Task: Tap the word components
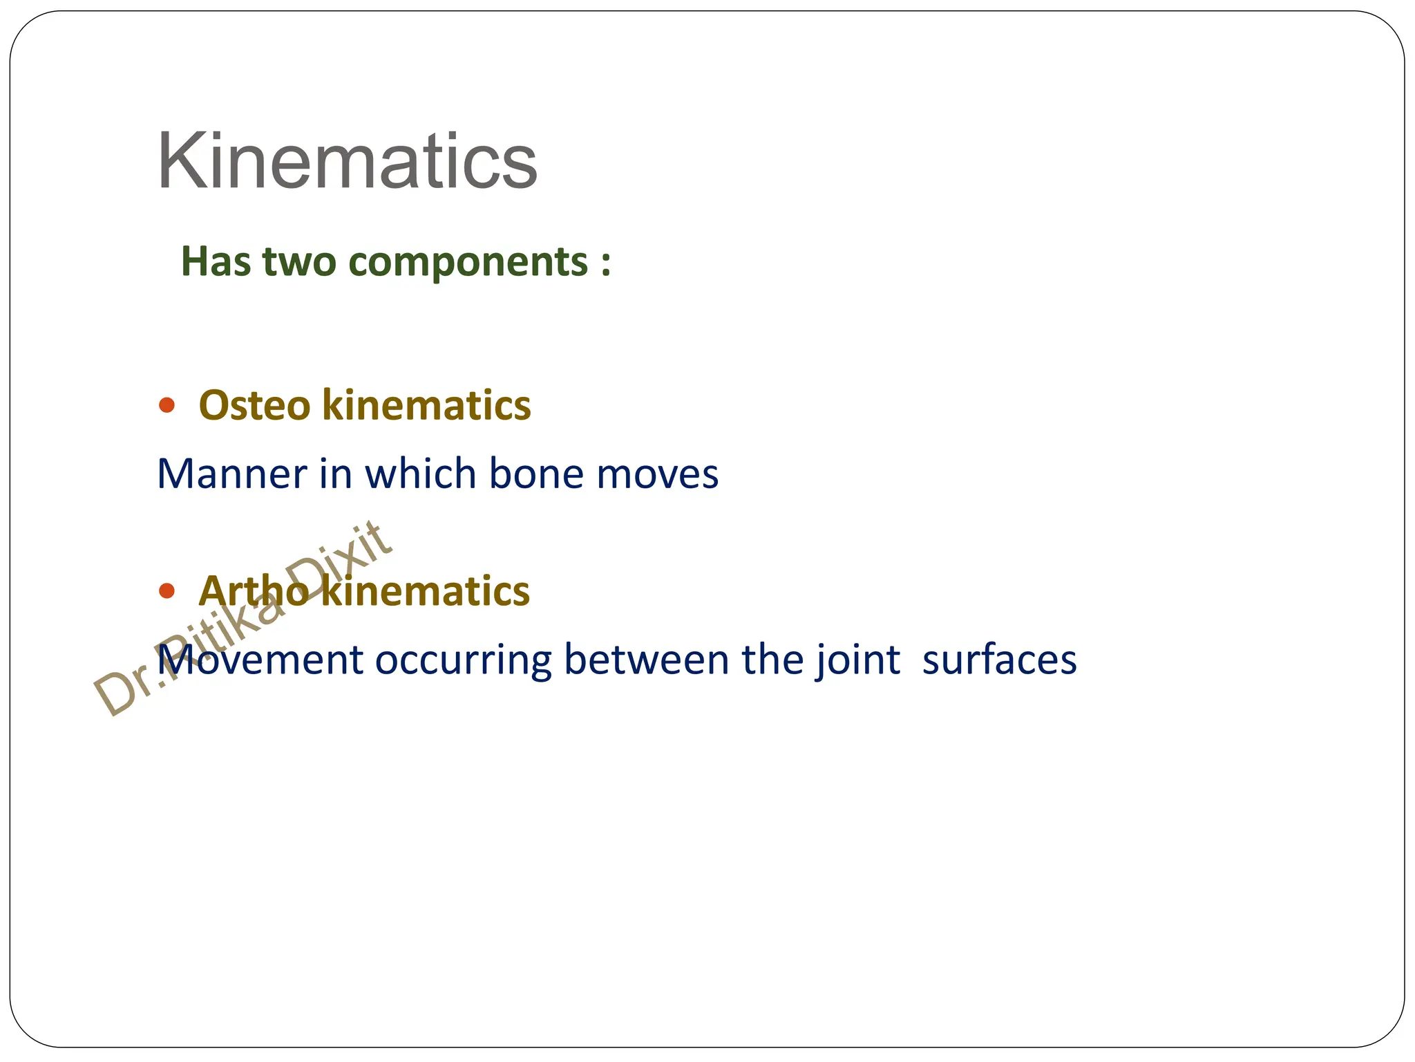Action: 468,262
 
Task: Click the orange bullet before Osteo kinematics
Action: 167,405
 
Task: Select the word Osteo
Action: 254,405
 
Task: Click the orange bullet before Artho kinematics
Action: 167,591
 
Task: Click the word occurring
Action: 463,661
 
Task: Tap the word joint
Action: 857,660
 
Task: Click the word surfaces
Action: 999,661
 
